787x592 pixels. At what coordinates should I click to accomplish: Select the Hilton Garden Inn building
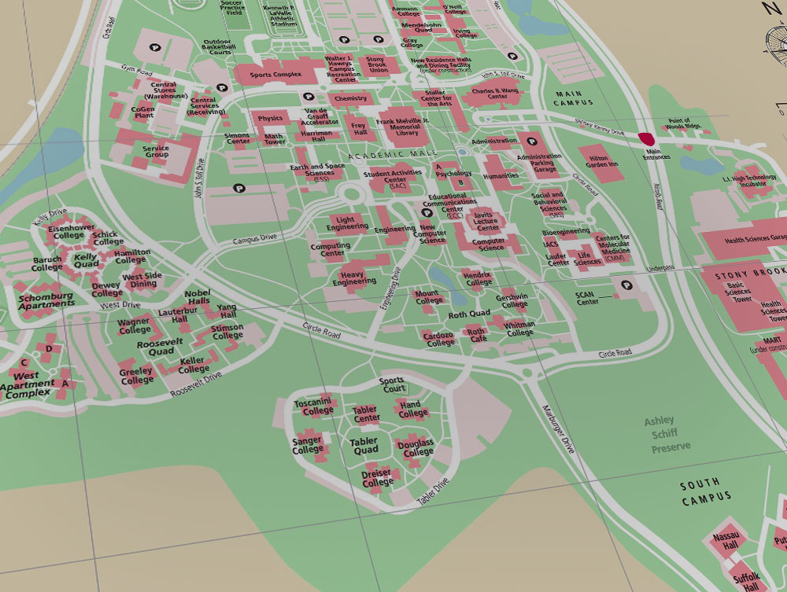click(602, 161)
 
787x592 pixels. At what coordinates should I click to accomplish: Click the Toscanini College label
click(313, 406)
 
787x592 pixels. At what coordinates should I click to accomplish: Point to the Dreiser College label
click(378, 478)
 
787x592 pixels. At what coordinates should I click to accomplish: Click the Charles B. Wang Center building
click(495, 96)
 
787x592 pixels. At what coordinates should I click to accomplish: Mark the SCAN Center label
click(587, 297)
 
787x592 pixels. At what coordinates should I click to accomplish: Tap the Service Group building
click(156, 150)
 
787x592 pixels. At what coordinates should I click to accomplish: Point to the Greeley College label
click(136, 376)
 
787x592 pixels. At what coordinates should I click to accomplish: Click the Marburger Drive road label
click(560, 429)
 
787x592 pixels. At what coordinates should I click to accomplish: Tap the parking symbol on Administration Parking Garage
click(532, 142)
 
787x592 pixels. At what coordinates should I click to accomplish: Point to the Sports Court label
click(393, 384)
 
